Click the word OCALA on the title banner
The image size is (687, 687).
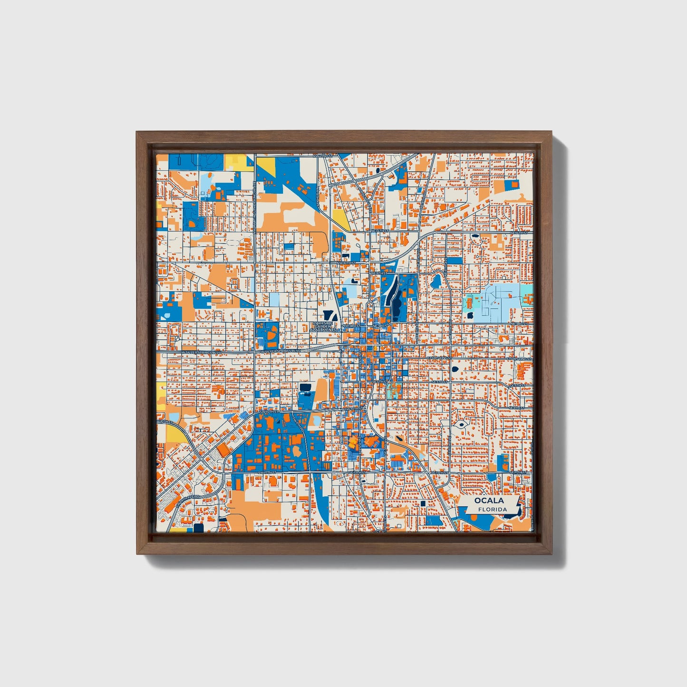point(488,501)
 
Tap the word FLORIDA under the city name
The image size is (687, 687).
point(493,510)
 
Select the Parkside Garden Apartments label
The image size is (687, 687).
point(324,326)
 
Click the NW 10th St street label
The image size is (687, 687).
point(346,262)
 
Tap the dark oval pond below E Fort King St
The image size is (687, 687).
point(455,369)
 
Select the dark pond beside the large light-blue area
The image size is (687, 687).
point(470,315)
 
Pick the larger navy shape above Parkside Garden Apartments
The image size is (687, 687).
point(328,314)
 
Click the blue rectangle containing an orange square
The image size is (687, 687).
point(513,184)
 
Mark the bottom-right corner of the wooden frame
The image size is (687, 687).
point(552,554)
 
